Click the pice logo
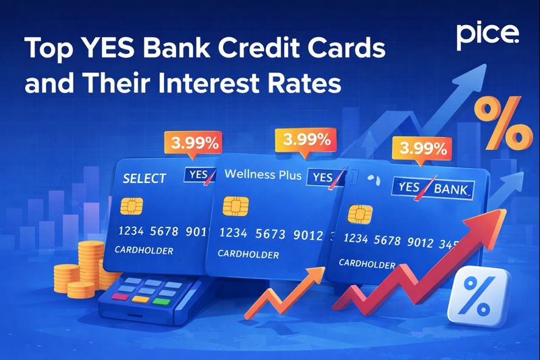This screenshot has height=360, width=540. pyautogui.click(x=488, y=35)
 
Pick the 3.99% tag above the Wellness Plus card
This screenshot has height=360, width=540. pyautogui.click(x=307, y=140)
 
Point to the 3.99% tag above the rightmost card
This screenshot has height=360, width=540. pyautogui.click(x=424, y=147)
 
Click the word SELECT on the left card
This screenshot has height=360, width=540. pyautogui.click(x=144, y=178)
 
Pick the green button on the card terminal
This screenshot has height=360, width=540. pyautogui.click(x=163, y=298)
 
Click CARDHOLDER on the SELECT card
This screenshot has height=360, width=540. pyautogui.click(x=144, y=251)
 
